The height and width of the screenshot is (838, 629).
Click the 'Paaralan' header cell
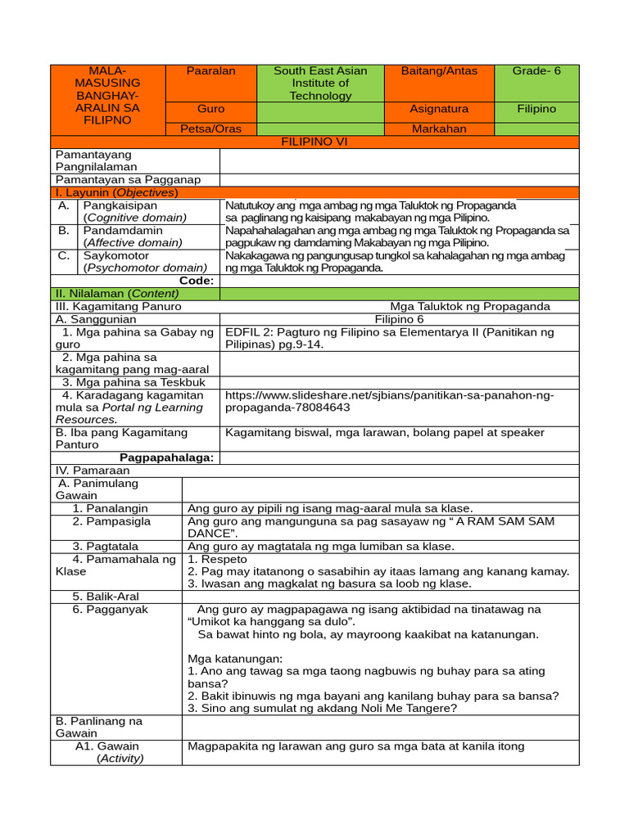210,71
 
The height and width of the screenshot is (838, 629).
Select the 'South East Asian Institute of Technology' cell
320,83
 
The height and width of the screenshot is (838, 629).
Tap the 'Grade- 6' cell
536,71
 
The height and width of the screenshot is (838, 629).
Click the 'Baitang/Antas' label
439,71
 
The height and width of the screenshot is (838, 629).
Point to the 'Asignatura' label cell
439,109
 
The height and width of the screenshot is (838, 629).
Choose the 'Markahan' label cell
439,128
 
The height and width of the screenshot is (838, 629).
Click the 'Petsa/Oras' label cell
210,128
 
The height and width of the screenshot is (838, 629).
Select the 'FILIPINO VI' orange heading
314,142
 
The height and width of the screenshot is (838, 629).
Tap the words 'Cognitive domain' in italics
135,218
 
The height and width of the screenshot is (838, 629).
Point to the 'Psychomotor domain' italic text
144,268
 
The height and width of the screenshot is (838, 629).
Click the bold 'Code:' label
197,281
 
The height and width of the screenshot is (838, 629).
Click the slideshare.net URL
389,401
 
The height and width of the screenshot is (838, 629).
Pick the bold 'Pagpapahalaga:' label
167,457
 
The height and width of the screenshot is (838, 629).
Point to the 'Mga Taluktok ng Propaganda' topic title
470,306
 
